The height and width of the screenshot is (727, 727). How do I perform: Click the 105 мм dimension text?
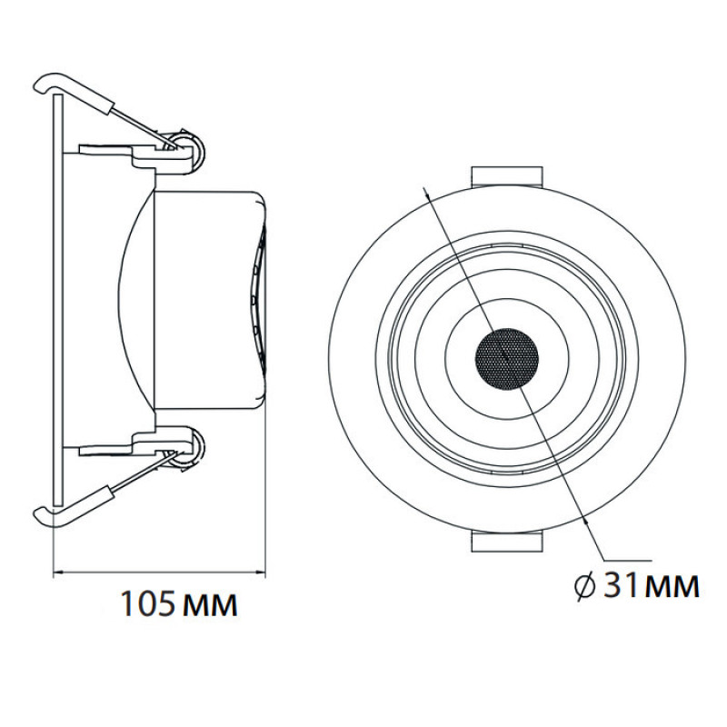coord(179,603)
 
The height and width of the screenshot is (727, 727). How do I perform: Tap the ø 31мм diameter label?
coord(637,586)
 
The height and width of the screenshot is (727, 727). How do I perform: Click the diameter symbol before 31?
coord(585,587)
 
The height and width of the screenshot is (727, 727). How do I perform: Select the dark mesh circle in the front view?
coord(507,360)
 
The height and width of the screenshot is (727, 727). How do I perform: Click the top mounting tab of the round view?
coord(507,176)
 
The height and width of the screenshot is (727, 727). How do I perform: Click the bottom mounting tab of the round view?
coord(507,542)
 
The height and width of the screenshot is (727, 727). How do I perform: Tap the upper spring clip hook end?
coord(42,83)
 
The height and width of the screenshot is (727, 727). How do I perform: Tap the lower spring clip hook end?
coord(42,516)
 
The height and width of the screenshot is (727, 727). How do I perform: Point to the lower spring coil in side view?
coord(188,450)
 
